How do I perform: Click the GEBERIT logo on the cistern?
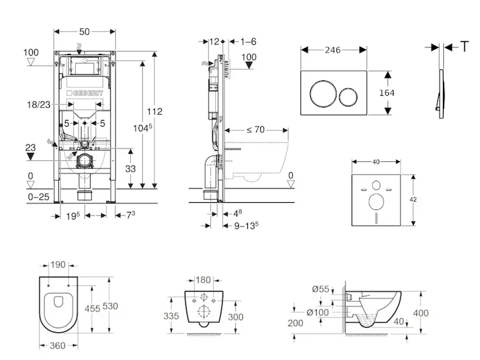tap(87, 94)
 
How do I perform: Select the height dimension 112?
tap(155, 111)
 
